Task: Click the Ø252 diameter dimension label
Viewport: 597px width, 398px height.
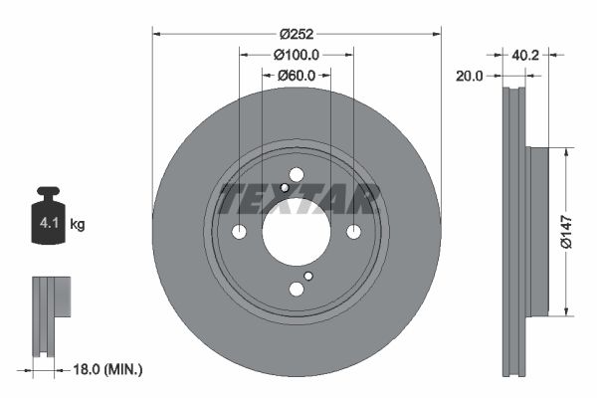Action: tap(297, 34)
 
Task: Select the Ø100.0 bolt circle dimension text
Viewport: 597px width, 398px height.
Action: tap(297, 55)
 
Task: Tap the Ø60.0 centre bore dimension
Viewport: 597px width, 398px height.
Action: tap(297, 75)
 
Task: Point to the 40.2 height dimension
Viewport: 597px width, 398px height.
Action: tap(526, 56)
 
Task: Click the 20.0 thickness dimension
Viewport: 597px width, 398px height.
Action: tap(469, 75)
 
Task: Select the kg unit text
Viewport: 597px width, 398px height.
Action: tap(78, 225)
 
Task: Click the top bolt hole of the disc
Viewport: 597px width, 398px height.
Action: tap(297, 175)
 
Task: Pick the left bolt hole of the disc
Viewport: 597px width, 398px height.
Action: tap(239, 232)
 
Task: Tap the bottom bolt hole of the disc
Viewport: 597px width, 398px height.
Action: tap(297, 290)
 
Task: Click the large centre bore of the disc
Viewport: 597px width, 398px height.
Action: tap(297, 232)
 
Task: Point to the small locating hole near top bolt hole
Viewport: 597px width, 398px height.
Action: tap(285, 188)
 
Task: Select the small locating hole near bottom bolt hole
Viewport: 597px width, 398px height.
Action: tap(308, 276)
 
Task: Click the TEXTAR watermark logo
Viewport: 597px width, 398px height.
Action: tap(298, 199)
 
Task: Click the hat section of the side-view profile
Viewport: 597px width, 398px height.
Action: tap(538, 232)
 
